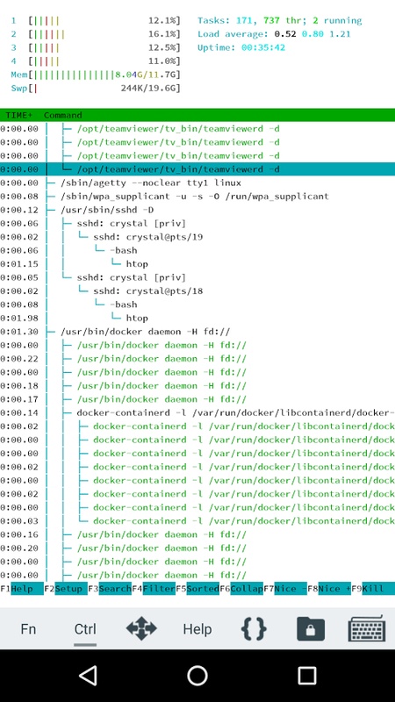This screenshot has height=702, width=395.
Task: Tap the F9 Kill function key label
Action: [373, 588]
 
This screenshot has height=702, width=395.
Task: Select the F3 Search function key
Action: [109, 588]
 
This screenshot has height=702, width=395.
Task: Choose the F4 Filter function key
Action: [153, 588]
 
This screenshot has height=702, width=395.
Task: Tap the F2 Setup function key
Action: [66, 588]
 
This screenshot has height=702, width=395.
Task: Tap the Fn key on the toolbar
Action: [28, 629]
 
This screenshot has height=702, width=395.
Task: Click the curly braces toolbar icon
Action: [254, 628]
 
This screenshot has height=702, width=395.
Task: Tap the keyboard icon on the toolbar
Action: [367, 628]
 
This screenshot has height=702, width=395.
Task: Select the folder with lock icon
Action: [311, 628]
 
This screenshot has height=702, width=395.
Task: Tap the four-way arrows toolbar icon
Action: [141, 628]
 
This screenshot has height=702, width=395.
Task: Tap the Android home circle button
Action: [197, 675]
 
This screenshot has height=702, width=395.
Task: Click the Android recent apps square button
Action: [306, 675]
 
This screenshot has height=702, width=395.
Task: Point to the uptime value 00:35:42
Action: [263, 48]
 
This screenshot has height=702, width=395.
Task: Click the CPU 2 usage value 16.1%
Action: [164, 34]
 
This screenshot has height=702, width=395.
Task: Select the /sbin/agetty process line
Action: [151, 183]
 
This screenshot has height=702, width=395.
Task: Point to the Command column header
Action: [62, 116]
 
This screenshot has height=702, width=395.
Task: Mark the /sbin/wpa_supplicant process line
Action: [195, 197]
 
